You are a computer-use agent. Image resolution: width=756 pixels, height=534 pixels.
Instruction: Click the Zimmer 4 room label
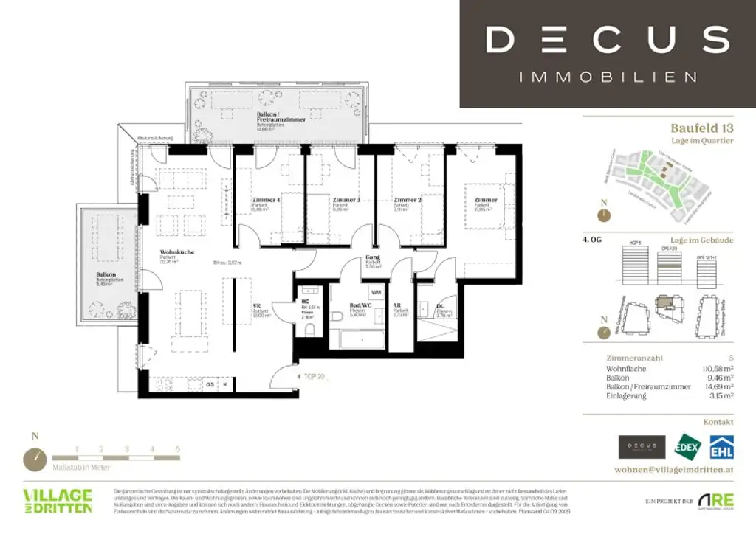266,200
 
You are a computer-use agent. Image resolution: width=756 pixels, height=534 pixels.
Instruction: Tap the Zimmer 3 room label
346,200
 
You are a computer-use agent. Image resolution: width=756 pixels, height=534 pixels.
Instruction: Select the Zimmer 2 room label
407,200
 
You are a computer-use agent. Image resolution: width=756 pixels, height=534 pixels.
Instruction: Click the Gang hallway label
372,258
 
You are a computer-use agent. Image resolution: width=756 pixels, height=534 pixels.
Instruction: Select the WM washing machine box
376,293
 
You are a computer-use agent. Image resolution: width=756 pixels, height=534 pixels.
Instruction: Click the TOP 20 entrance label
315,375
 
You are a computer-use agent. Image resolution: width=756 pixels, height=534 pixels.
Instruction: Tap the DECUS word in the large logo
607,38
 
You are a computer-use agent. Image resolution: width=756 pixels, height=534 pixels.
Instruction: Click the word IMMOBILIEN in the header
608,77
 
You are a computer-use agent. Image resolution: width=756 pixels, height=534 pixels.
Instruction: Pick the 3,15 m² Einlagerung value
718,396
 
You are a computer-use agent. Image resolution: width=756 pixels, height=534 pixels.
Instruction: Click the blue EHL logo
721,446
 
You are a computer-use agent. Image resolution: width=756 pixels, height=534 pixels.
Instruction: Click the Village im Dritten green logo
58,501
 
